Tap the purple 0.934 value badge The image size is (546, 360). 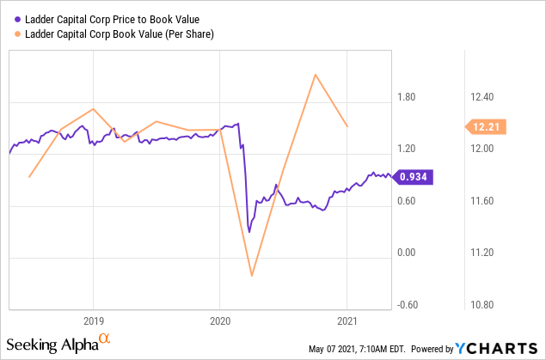click(413, 177)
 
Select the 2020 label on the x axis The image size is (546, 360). click(219, 315)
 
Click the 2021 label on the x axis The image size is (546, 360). click(346, 315)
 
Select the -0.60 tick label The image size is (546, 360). click(408, 304)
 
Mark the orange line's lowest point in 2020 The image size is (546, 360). click(252, 276)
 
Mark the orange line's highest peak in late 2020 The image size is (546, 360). click(316, 75)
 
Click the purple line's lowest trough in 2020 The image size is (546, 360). click(249, 232)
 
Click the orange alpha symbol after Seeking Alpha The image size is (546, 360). click(105, 340)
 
